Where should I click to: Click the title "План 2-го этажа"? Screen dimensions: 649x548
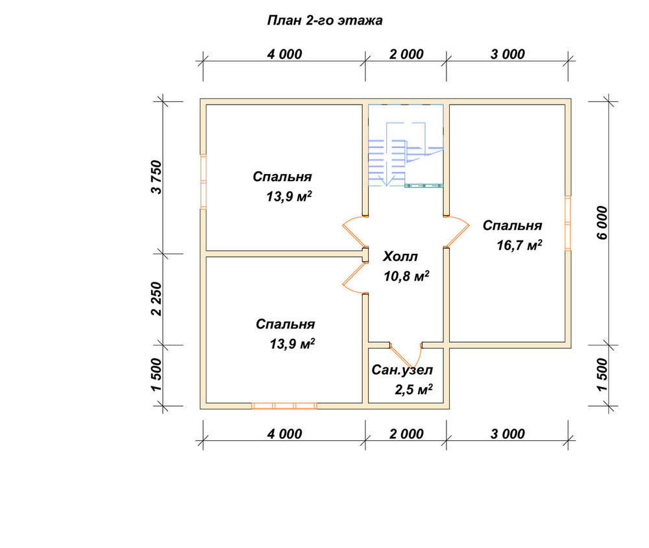click(325, 20)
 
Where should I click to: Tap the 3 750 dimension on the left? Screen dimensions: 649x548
click(157, 177)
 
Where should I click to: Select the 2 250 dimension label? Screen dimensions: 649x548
click(157, 299)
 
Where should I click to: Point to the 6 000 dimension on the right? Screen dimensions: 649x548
click(603, 223)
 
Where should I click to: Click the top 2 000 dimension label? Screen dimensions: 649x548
click(406, 55)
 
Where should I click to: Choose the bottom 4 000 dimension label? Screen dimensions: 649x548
click(285, 434)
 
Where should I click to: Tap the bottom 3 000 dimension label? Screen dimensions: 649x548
click(508, 434)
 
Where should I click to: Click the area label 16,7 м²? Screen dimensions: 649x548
click(519, 245)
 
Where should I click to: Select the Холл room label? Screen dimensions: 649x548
click(400, 256)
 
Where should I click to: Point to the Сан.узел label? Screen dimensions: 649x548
click(402, 370)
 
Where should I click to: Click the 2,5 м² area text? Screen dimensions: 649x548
click(413, 390)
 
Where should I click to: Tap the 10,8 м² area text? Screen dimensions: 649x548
click(406, 276)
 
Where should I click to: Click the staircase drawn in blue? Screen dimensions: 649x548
click(406, 146)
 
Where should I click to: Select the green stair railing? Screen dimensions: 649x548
click(424, 186)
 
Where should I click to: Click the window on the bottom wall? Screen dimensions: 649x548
click(284, 406)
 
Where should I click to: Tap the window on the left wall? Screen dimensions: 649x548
click(203, 181)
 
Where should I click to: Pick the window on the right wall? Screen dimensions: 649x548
click(568, 223)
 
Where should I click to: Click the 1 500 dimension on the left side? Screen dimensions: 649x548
click(157, 375)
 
